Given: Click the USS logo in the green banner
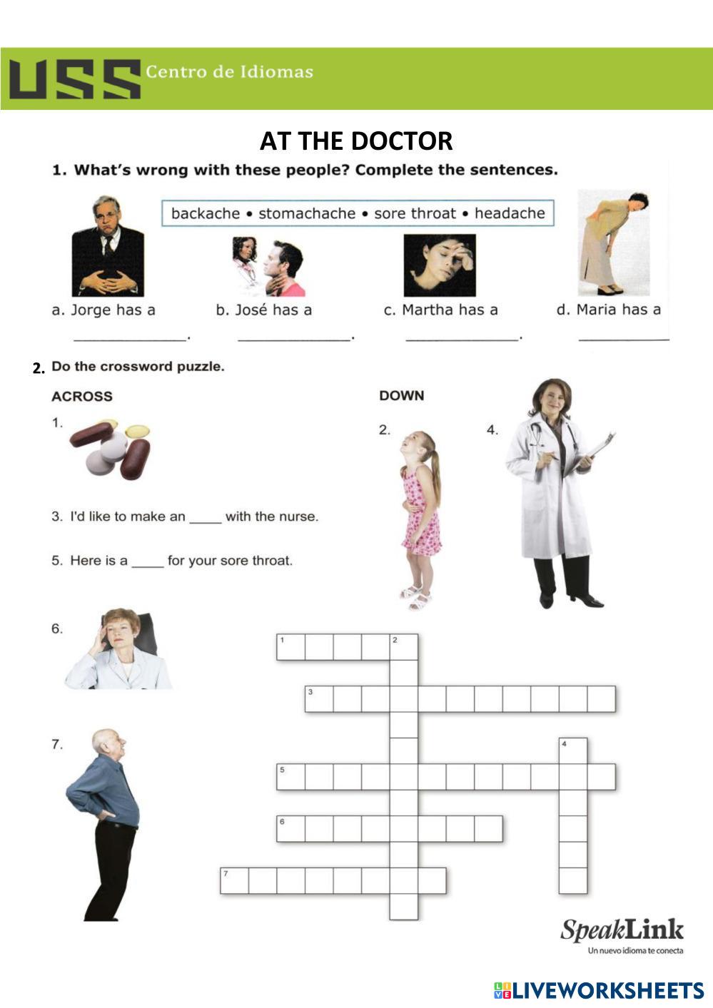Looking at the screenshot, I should coord(74,78).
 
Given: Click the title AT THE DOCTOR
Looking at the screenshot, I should coord(356,141).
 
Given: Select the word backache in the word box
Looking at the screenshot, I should coord(206,213).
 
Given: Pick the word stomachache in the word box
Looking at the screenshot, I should coord(307,213).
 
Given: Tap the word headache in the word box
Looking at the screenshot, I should coord(510,213).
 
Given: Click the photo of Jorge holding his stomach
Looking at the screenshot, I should coord(108,247).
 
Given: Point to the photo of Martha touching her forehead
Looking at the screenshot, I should coord(440,265).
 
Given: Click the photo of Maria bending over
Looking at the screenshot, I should coord(613,243).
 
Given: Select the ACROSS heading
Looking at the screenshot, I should coord(82,397).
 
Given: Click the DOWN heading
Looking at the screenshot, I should coord(401,395).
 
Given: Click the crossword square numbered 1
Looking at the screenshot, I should coord(290,647).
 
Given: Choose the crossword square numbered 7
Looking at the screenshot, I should coord(234,881).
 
